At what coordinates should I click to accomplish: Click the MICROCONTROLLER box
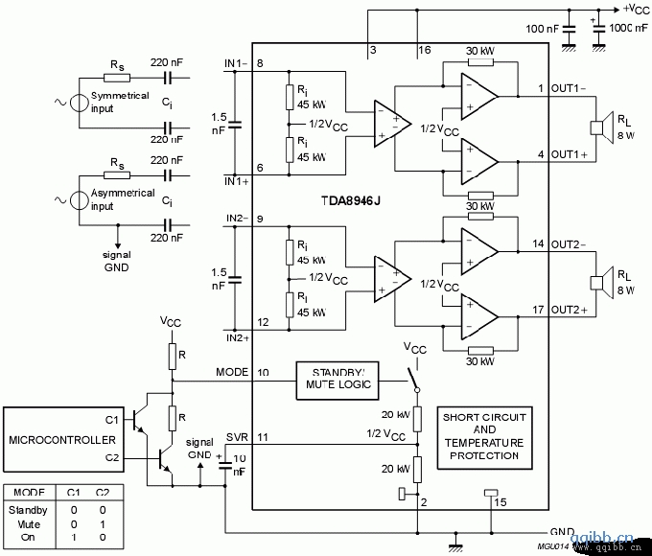(62, 442)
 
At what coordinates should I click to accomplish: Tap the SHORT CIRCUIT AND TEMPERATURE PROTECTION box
(483, 436)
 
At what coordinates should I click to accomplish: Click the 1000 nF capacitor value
(628, 28)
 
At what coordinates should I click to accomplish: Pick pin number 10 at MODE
(263, 371)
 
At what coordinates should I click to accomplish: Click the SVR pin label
(237, 437)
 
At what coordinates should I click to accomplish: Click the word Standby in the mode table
(28, 510)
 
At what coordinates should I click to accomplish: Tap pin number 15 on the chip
(501, 501)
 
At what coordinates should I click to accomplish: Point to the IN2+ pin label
(237, 337)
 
